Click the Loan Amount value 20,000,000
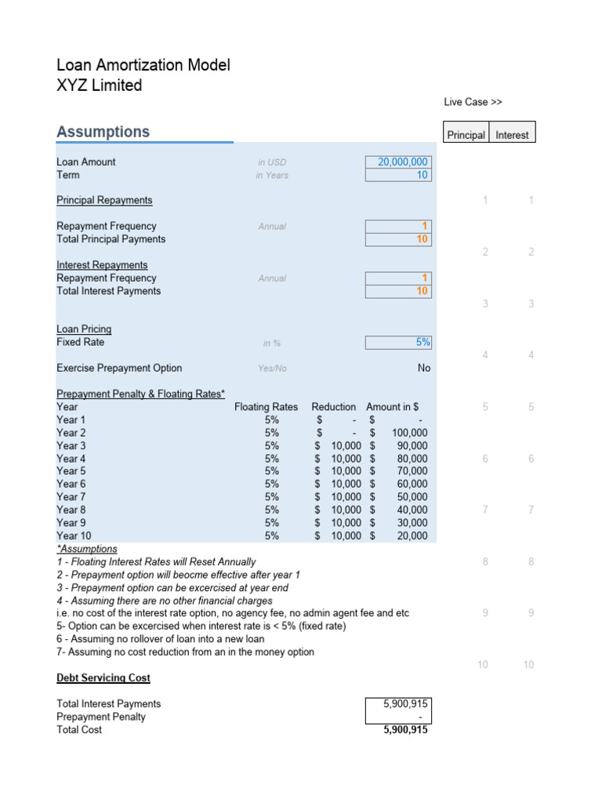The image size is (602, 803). (x=398, y=162)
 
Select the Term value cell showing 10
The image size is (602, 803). (x=398, y=175)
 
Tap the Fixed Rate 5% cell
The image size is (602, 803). (x=398, y=342)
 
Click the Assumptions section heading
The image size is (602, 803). (x=103, y=132)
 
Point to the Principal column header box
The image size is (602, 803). (x=466, y=135)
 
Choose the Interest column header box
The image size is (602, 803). (x=512, y=135)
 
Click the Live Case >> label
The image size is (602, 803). (x=473, y=102)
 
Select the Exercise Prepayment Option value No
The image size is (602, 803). (x=423, y=368)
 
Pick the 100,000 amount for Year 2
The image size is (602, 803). (x=409, y=433)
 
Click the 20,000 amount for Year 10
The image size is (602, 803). (x=412, y=536)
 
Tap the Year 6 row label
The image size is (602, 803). (x=71, y=484)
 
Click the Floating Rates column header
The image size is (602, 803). (x=266, y=407)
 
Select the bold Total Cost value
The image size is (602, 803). (x=405, y=730)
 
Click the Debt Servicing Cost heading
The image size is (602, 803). (x=103, y=678)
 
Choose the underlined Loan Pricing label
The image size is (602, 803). (x=84, y=329)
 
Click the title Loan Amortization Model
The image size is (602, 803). (x=143, y=65)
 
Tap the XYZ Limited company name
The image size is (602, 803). (x=99, y=85)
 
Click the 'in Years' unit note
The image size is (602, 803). (x=272, y=176)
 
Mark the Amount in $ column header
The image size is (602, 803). (x=392, y=407)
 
